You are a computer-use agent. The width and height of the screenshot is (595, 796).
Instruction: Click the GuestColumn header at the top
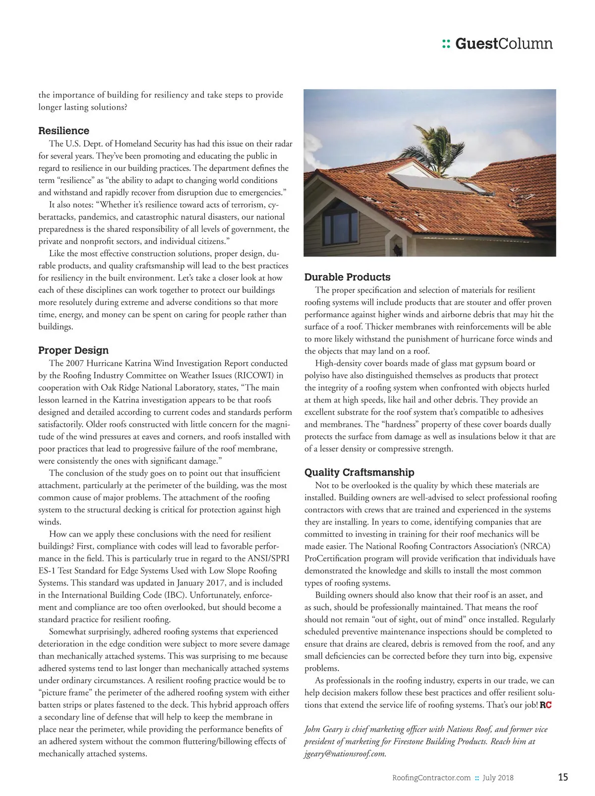503,44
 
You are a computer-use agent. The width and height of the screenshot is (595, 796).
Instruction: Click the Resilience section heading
64,131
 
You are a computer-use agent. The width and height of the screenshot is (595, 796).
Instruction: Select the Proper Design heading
73,350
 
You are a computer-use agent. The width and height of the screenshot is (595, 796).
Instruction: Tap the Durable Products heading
347,277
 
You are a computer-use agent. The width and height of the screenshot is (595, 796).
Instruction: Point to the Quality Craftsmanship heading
359,472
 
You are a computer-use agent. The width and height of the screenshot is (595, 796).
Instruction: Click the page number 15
563,777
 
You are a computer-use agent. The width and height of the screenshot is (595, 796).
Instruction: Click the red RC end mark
545,705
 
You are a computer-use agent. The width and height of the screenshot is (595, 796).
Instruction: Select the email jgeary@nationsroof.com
345,754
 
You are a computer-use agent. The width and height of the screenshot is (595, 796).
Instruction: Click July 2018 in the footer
498,778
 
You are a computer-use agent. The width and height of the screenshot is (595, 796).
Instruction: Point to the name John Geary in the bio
323,729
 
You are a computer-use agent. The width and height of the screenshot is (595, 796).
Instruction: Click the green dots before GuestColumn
446,45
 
